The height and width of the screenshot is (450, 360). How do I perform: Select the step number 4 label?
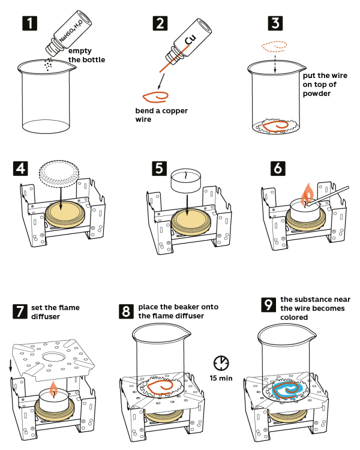point(21,167)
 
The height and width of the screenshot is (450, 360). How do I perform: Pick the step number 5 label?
point(159,167)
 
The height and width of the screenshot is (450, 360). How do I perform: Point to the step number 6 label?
point(277,167)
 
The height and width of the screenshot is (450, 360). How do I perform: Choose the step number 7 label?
point(21,311)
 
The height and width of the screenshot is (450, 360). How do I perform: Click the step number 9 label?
point(269,305)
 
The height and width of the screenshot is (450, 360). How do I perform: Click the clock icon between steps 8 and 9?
point(221,362)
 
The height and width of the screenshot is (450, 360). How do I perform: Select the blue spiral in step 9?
point(287,390)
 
